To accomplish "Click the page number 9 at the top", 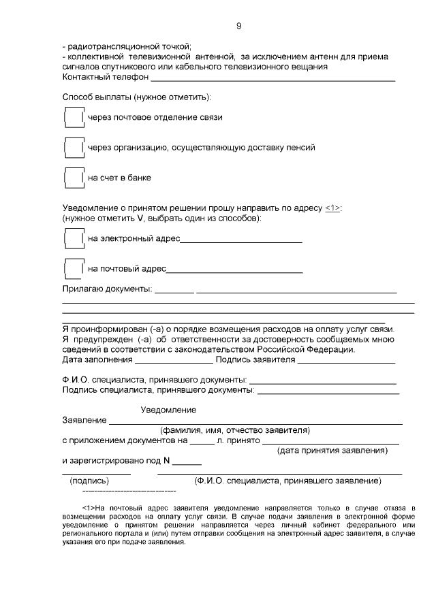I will click(238, 26).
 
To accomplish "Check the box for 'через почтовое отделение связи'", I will click(73, 118).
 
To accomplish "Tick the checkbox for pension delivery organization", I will click(73, 148).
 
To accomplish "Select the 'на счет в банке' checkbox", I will click(73, 178).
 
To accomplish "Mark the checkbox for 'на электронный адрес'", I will click(73, 239).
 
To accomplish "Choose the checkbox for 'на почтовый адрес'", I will click(73, 268).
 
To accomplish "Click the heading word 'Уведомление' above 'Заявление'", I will click(168, 410).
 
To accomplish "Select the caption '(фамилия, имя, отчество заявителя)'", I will click(235, 430).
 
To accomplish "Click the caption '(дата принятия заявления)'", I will click(332, 451).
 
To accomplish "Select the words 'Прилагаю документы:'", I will click(106, 289).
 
